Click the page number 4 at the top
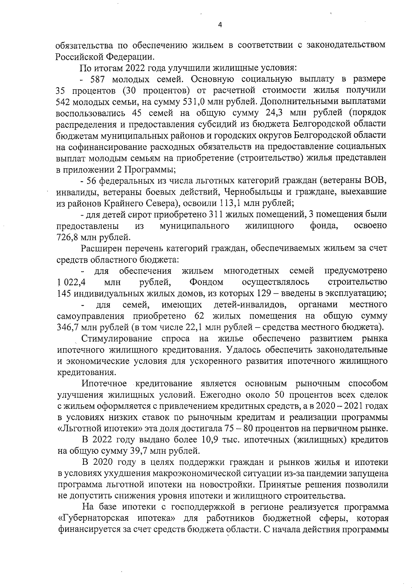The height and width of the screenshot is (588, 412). pyautogui.click(x=220, y=24)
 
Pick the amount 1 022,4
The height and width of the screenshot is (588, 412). pyautogui.click(x=71, y=282)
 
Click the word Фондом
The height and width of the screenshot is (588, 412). pyautogui.click(x=206, y=282)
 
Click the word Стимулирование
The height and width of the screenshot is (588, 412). pyautogui.click(x=117, y=339)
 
